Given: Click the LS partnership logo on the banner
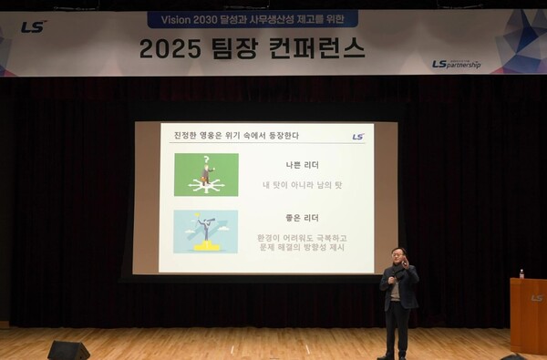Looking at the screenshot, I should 457,64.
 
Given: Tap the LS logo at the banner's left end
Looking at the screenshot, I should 34,26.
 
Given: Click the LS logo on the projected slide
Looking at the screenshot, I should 357,137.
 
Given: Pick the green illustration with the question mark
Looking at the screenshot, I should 206,174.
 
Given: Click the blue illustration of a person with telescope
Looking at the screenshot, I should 206,231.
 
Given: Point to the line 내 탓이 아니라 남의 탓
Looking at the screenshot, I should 302,185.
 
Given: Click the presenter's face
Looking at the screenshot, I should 397,256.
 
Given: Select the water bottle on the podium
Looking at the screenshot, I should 521,273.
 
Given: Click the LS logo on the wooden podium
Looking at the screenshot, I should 536,298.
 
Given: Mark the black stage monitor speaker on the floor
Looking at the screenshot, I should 68,350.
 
